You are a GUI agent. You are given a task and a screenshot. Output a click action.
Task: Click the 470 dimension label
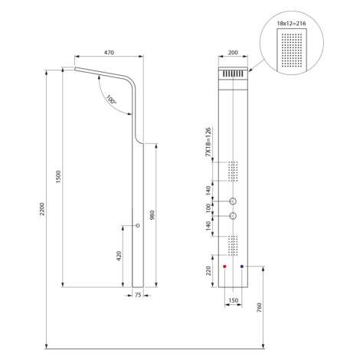109,53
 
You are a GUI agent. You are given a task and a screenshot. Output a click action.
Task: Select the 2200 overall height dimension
42,209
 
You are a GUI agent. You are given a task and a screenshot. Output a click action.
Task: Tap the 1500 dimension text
58,177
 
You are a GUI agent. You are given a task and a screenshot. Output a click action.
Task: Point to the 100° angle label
111,100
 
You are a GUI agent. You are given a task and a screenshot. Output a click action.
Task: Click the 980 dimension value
152,215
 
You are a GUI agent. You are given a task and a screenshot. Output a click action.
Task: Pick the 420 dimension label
119,256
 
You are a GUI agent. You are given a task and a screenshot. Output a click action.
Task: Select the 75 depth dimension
138,295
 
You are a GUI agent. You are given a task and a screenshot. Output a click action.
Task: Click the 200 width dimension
233,53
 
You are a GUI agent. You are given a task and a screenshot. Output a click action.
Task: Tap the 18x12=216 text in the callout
291,24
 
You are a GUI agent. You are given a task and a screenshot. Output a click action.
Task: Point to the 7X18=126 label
208,142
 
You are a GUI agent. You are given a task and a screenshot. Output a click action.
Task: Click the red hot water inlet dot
224,267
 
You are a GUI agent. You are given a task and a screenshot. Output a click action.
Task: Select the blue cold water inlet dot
242,267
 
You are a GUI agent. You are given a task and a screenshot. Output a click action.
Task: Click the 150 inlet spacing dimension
234,300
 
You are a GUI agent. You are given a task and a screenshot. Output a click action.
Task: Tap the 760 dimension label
260,308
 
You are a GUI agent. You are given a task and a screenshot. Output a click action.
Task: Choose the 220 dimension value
208,271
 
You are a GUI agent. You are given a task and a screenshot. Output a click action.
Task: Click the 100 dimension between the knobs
208,208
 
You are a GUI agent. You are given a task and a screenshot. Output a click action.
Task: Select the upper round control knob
233,201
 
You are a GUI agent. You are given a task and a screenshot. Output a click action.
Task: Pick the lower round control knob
233,216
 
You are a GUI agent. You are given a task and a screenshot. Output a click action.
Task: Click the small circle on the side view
138,225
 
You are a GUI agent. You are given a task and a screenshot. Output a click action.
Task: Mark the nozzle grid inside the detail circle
292,48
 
